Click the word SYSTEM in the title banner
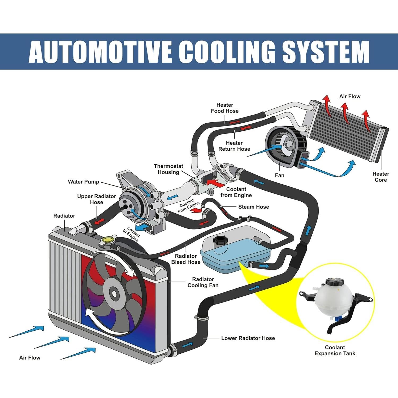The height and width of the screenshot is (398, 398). point(326,51)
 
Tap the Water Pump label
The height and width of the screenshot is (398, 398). point(83,182)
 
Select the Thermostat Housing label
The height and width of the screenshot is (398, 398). point(168,169)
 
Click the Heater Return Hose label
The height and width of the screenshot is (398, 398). point(234,146)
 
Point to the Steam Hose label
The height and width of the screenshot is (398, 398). point(253,207)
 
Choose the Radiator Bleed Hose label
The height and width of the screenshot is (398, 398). point(186,259)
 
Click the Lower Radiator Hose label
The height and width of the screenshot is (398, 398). point(248,338)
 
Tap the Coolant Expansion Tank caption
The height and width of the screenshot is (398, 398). point(335,350)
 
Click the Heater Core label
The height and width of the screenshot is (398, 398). point(380,177)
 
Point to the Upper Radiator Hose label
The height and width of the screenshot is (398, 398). point(96,199)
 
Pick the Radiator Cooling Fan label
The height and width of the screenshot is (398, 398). point(203,282)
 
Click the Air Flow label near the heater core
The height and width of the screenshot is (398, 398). point(350,96)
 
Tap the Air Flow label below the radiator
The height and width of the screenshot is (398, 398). point(30,357)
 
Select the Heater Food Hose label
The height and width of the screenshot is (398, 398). point(224,108)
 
